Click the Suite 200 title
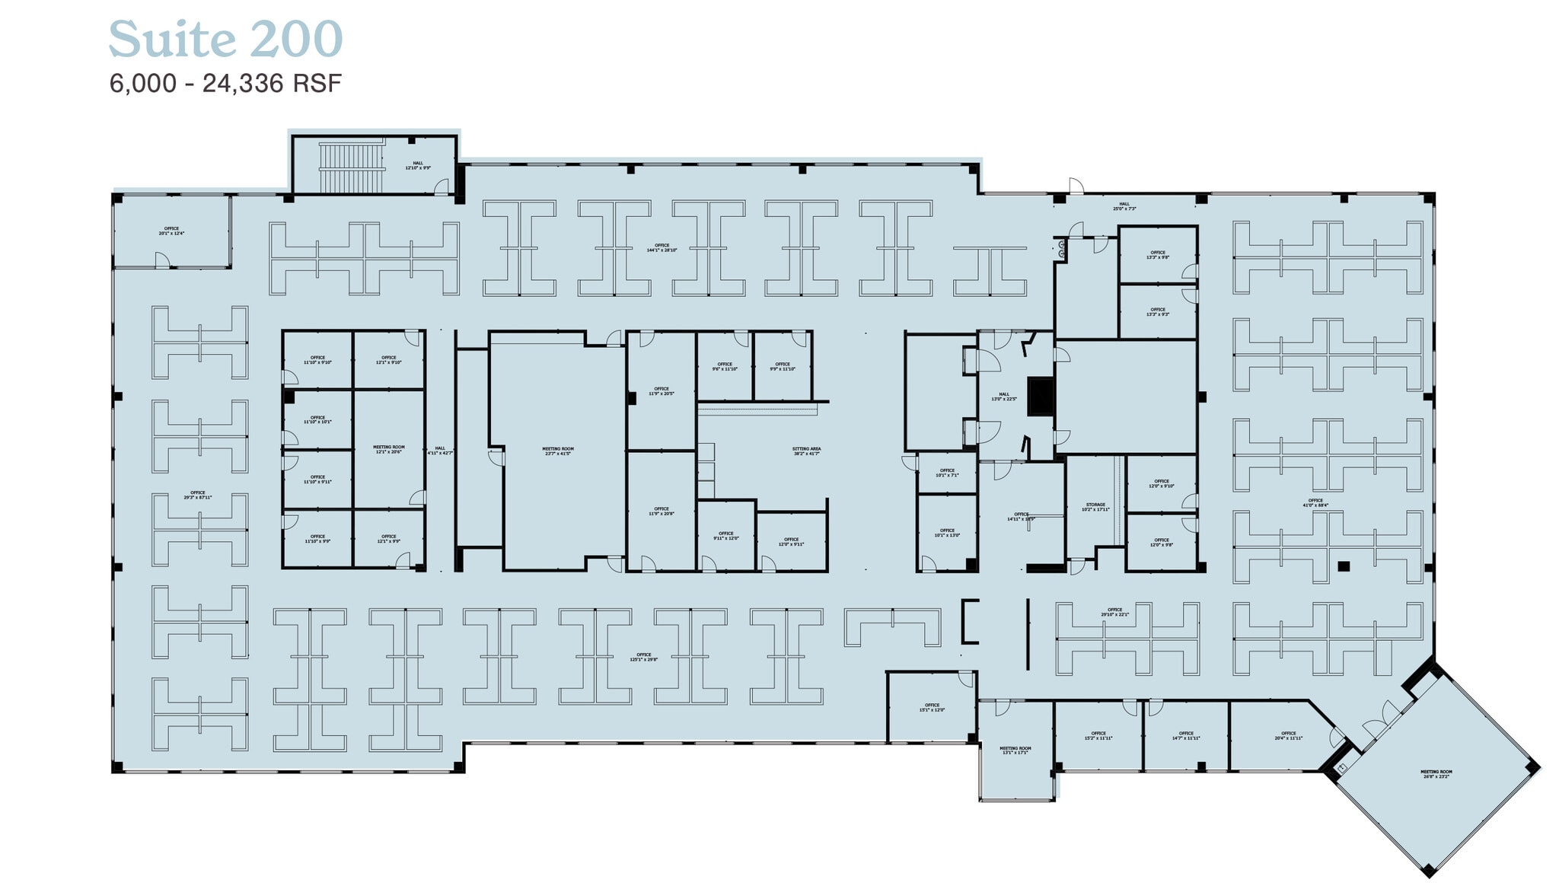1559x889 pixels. pyautogui.click(x=225, y=40)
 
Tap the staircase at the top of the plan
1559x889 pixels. pyautogui.click(x=350, y=167)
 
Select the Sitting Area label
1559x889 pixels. pyautogui.click(x=806, y=451)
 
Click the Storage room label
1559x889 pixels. pyautogui.click(x=1095, y=507)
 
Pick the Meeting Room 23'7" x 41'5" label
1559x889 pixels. pyautogui.click(x=557, y=451)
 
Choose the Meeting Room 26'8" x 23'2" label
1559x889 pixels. pyautogui.click(x=1436, y=774)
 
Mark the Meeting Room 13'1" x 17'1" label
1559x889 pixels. pyautogui.click(x=1015, y=750)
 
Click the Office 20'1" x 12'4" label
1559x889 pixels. pyautogui.click(x=171, y=231)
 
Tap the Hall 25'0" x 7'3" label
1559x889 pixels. pyautogui.click(x=1124, y=206)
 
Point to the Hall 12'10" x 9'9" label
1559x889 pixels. pyautogui.click(x=418, y=165)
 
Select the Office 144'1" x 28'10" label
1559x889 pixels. pyautogui.click(x=662, y=248)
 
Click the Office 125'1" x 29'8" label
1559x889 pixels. pyautogui.click(x=643, y=657)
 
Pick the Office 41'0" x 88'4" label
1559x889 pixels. pyautogui.click(x=1315, y=502)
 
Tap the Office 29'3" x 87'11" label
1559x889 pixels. pyautogui.click(x=198, y=495)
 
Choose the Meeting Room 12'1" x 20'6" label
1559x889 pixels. pyautogui.click(x=389, y=450)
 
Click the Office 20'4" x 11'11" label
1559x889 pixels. pyautogui.click(x=1288, y=736)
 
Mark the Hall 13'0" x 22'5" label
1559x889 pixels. pyautogui.click(x=1004, y=397)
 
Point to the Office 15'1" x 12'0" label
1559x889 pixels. pyautogui.click(x=932, y=708)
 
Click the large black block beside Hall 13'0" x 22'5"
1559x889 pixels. pyautogui.click(x=1040, y=397)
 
